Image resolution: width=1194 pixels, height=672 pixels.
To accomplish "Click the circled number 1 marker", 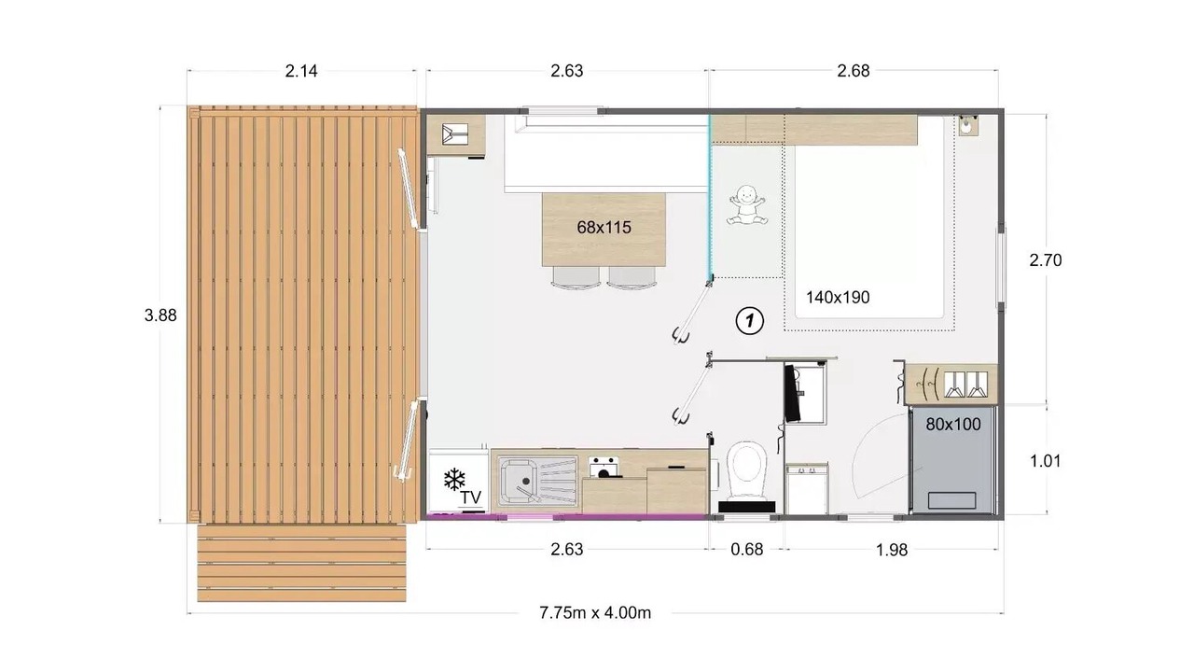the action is (749, 321).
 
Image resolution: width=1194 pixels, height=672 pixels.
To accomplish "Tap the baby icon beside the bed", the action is (747, 204).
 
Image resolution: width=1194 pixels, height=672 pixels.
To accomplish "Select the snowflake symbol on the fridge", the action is (454, 480).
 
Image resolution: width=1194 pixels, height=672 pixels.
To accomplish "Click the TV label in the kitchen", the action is (471, 497).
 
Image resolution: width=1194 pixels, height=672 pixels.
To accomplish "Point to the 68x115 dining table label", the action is (604, 228).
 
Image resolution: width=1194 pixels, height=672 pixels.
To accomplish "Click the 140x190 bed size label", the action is (838, 298).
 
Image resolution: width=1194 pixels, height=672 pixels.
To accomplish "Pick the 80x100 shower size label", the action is (953, 425).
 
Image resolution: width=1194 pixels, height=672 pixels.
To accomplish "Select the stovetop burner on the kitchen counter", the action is (604, 468).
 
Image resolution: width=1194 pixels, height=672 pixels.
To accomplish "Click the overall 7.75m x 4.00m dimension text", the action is (595, 613).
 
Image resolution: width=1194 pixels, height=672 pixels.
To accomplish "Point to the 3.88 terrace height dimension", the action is (160, 315).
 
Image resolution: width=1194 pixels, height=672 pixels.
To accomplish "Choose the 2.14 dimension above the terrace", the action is (301, 71).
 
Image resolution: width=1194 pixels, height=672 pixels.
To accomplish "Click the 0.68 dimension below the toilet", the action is (747, 550).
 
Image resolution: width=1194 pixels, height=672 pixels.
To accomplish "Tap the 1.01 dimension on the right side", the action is (1046, 461).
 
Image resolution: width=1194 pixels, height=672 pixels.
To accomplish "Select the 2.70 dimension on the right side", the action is (1046, 260).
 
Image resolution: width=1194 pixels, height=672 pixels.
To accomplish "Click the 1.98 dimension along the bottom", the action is (892, 550).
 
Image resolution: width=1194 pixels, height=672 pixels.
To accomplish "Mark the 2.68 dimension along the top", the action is (854, 71).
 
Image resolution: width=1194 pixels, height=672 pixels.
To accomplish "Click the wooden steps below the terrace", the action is (301, 563).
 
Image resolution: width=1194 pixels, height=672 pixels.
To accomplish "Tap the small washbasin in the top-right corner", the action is (967, 126).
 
